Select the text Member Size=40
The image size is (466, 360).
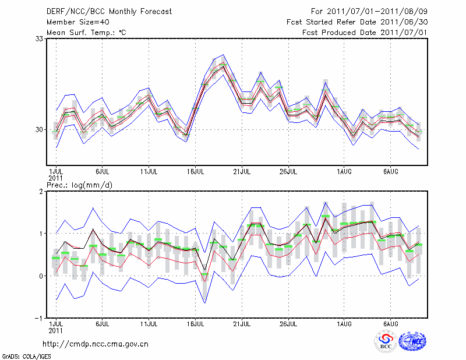click(x=75, y=22)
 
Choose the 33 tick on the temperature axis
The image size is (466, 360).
click(x=40, y=38)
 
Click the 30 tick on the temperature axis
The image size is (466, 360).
click(x=40, y=129)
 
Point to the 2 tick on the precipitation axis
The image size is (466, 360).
click(x=43, y=191)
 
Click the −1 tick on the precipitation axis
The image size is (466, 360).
click(x=41, y=318)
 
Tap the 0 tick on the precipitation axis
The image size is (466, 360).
click(x=43, y=276)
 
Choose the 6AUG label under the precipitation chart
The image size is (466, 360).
click(x=390, y=323)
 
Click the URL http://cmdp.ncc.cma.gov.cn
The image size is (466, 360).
click(x=96, y=344)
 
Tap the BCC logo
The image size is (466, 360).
click(x=385, y=341)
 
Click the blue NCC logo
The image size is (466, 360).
click(x=412, y=341)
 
